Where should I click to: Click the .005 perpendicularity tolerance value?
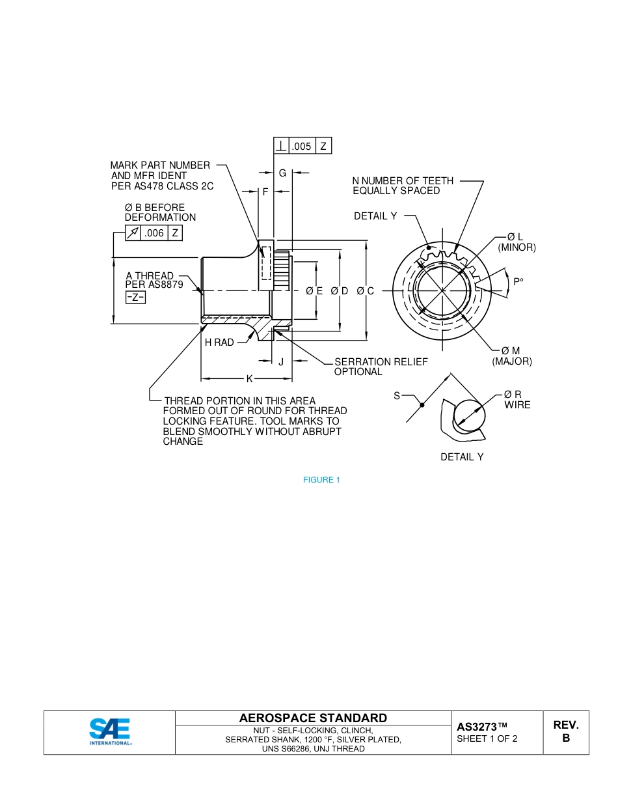pos(301,147)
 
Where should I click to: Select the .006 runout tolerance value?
pos(154,233)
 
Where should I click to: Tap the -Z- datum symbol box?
pos(135,298)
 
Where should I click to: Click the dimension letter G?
pos(282,173)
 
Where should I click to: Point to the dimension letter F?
pos(265,192)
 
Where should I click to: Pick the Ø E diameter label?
pos(315,291)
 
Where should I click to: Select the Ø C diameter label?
pos(366,291)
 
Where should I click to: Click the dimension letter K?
pos(249,379)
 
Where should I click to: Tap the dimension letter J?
pos(281,362)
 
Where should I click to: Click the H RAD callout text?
pos(219,343)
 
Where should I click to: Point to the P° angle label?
pos(518,282)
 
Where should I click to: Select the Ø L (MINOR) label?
pos(517,242)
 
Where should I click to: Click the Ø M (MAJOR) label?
pos(512,356)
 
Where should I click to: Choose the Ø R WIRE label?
pos(517,400)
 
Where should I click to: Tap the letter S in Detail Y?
pos(397,396)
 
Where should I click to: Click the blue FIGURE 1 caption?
pos(321,480)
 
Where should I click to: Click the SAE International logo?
pos(110,732)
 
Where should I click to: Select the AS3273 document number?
pos(481,727)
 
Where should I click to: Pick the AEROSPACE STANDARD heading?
pos(313,718)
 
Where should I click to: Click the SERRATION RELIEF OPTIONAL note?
pos(381,367)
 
